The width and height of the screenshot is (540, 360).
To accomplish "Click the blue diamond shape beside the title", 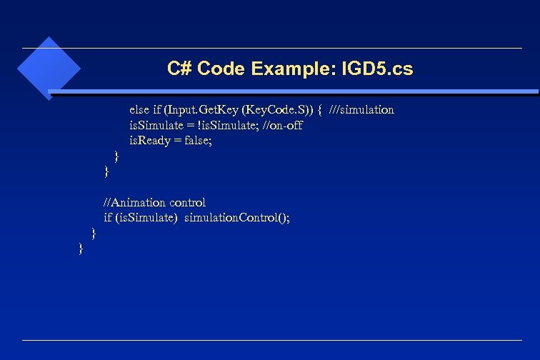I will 49,69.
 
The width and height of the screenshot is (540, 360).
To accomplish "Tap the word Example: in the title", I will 293,69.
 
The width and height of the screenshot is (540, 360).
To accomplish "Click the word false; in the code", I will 197,141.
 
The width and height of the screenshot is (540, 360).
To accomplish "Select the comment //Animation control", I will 154,203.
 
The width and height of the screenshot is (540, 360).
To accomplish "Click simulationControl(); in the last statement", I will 237,218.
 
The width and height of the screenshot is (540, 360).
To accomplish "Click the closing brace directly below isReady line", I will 117,156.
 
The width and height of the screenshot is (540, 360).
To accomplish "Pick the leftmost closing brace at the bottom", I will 81,248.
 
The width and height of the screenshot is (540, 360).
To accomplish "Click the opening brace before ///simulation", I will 321,109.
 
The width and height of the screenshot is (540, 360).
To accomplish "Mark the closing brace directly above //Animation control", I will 106,171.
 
